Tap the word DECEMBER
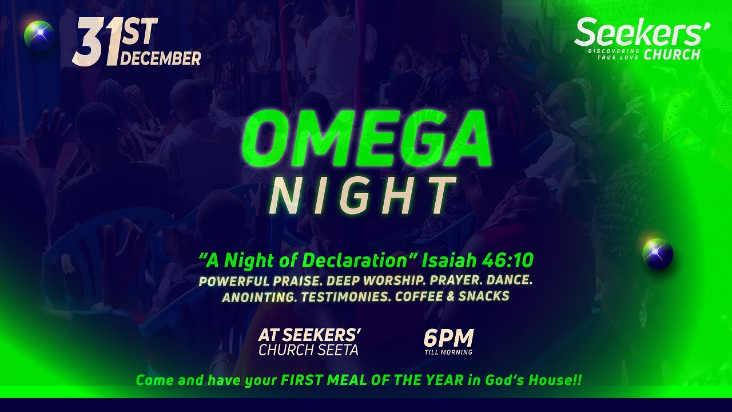(x=161, y=58)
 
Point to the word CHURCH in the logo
(x=672, y=55)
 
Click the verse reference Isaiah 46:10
(x=478, y=261)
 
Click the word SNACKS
(x=484, y=297)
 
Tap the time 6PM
(x=448, y=338)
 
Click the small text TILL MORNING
(x=448, y=352)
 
